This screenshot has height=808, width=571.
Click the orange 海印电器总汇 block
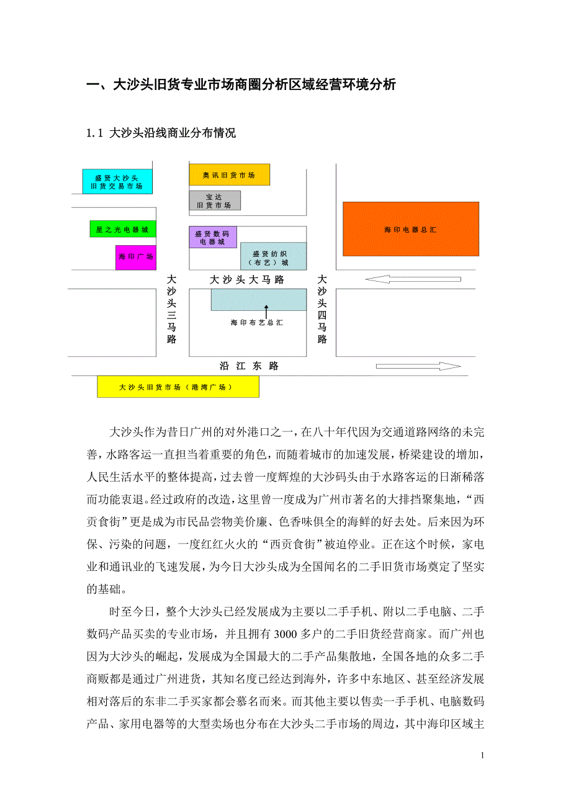[410, 229]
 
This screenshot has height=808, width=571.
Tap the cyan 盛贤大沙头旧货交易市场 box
[117, 182]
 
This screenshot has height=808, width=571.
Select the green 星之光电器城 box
[122, 230]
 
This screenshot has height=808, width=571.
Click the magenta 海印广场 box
[135, 256]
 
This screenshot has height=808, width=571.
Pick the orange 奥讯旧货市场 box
[229, 175]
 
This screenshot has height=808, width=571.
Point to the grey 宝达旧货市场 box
[214, 200]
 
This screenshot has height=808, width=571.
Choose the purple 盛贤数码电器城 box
[212, 238]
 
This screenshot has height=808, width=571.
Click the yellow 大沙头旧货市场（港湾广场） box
[178, 387]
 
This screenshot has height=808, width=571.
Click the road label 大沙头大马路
[246, 280]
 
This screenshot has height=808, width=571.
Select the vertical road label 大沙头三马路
[171, 310]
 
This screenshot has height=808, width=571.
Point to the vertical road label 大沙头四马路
[321, 310]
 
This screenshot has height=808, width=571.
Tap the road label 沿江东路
[249, 366]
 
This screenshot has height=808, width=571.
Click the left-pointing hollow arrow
[412, 280]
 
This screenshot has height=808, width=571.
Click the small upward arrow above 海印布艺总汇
[266, 310]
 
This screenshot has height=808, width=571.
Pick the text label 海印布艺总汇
[256, 323]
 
